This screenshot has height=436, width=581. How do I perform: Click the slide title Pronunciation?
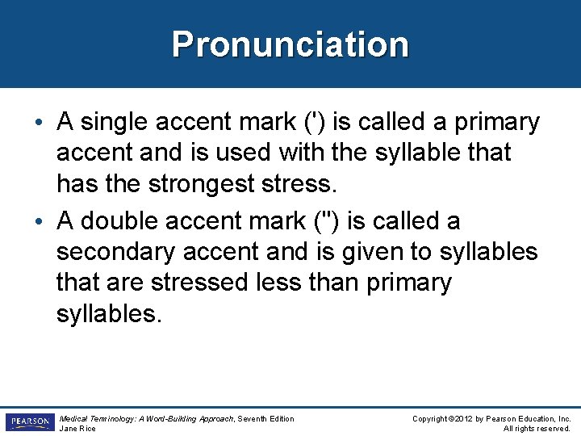tap(290, 44)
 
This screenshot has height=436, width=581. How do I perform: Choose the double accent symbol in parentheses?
tap(322, 220)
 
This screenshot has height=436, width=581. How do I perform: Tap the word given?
tap(374, 252)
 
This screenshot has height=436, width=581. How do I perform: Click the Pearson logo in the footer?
tap(28, 421)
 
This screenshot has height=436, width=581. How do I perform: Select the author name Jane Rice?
tap(77, 428)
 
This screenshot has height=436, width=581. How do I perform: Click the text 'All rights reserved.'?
tap(537, 428)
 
